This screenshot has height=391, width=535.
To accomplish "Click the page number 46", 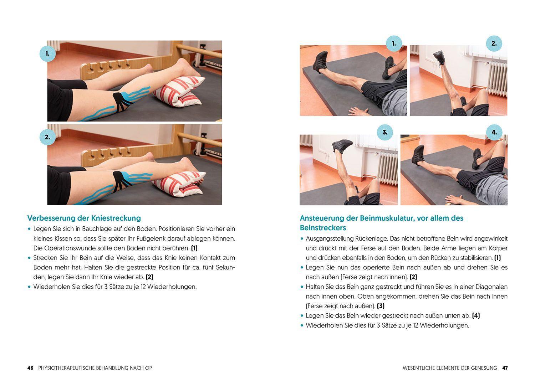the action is pos(30,368).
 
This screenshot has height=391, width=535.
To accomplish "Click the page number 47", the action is pos(505,368).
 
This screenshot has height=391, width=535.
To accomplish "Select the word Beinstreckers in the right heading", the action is pos(323,228).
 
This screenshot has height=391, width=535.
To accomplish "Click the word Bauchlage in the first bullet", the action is pos(96,229).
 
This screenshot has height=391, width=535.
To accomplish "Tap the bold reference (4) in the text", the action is pos(476,315).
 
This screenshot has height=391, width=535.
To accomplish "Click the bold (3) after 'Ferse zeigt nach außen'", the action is pos(381,306).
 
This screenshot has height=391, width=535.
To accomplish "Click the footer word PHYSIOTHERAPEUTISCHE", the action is pos(66,368).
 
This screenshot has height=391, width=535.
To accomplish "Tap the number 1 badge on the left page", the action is pos(47,54).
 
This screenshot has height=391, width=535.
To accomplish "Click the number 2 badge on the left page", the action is pos(47,137).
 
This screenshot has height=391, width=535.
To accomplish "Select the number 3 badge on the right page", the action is pos(385,132).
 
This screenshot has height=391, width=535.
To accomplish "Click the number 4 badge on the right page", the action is pos(494,132).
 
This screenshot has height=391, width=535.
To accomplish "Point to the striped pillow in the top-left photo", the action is pos(179,92).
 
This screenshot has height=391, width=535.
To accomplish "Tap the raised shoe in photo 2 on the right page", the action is pos(439,57).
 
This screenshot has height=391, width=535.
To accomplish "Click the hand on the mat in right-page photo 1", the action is pos(358,112).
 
